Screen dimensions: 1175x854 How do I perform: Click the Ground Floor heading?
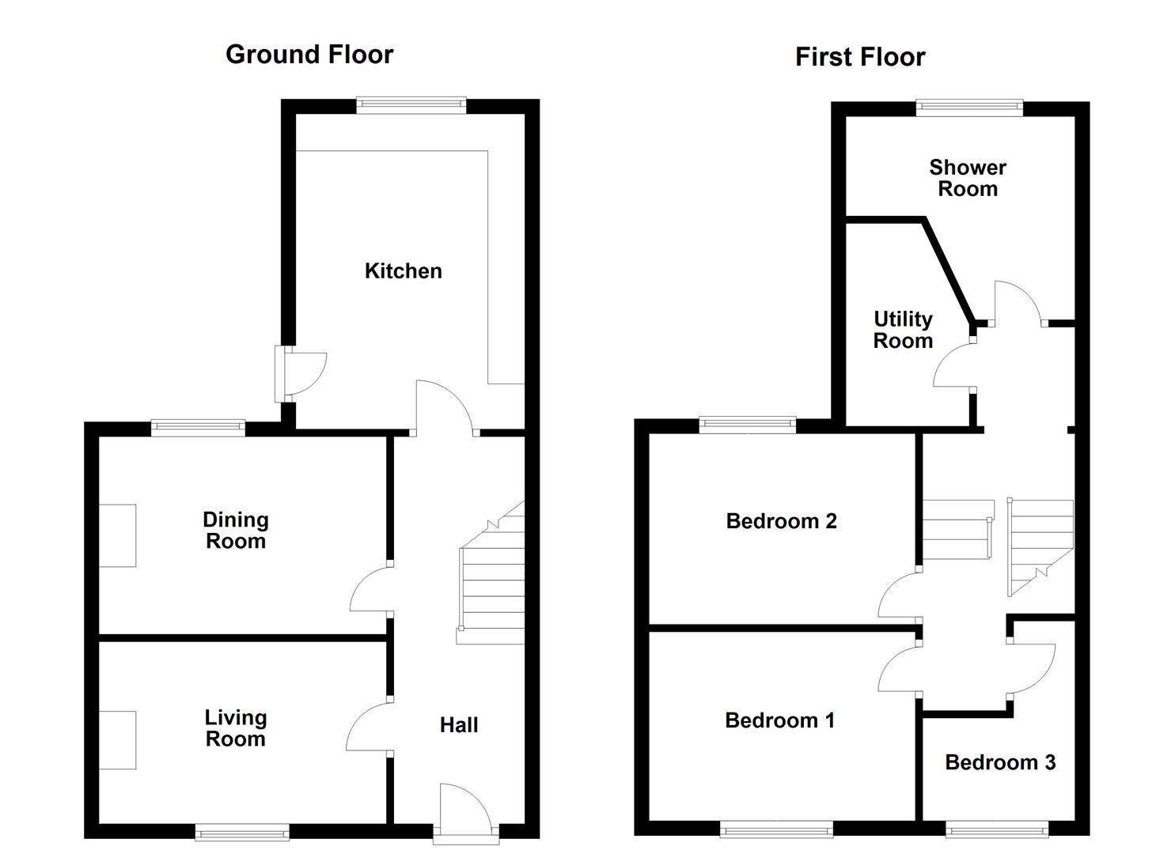(x=309, y=55)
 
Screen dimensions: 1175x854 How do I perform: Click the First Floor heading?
(x=860, y=57)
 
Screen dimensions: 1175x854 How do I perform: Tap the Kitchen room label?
(x=404, y=271)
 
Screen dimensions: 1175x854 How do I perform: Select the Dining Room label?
(x=236, y=530)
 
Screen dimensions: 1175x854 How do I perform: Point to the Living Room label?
(x=236, y=728)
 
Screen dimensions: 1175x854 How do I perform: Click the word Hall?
(x=459, y=725)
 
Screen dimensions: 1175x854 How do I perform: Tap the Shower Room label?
(x=968, y=178)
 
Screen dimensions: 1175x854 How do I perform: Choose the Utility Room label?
(x=904, y=330)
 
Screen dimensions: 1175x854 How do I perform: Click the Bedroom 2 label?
(x=782, y=521)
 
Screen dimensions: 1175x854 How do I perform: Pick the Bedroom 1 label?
(x=780, y=720)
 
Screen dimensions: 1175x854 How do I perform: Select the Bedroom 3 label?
(x=1000, y=762)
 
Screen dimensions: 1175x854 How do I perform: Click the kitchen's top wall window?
(x=411, y=105)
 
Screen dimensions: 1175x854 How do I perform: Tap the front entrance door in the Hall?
(x=466, y=814)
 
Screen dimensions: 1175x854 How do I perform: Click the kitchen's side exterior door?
(x=301, y=374)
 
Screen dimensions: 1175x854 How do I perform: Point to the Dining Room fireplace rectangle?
(x=117, y=536)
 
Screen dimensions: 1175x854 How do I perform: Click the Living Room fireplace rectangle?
(x=117, y=740)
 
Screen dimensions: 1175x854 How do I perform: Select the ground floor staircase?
(x=491, y=572)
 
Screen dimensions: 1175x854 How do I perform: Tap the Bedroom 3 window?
(x=997, y=829)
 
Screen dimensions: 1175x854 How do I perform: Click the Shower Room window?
(x=969, y=108)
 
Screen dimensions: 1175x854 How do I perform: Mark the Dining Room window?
(x=199, y=428)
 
